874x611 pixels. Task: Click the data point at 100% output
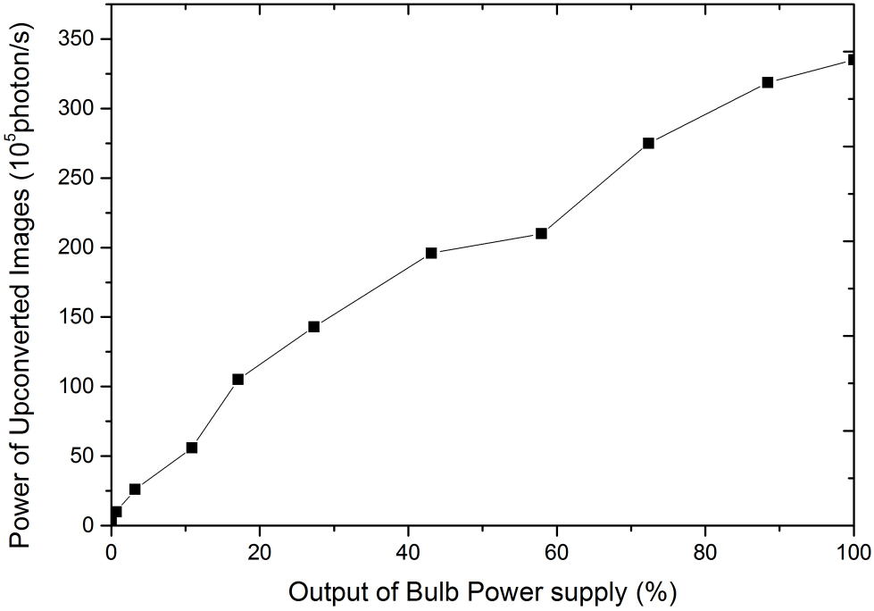(853, 60)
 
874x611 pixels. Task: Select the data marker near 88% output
(767, 82)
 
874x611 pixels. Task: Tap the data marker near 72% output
(648, 143)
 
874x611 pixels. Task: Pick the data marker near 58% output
(541, 233)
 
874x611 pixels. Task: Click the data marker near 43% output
(431, 253)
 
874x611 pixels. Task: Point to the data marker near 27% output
(313, 327)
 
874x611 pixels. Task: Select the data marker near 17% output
(238, 380)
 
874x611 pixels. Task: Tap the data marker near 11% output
(191, 448)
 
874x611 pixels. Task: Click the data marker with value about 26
(135, 490)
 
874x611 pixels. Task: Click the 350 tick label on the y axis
(78, 39)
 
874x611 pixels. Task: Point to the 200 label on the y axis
(78, 247)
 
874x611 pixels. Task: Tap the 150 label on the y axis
(78, 317)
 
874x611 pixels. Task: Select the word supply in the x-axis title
(585, 592)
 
